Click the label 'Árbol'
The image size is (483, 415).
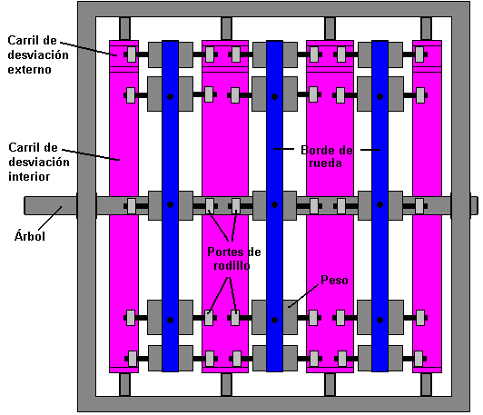point(30,236)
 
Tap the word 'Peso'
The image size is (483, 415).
point(334,280)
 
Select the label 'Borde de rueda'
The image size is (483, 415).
point(327,156)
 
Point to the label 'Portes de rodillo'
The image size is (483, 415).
point(234,259)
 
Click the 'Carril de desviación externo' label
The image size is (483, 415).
point(38,54)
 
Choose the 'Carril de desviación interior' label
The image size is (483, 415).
point(39,162)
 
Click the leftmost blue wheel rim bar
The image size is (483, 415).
point(170,206)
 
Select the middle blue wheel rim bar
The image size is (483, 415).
point(274,206)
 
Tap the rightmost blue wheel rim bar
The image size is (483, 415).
point(379,206)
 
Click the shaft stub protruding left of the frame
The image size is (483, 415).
point(51,205)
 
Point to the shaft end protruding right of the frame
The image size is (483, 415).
point(474,205)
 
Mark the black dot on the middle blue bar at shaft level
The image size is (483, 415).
point(274,205)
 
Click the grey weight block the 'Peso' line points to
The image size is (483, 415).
point(290,317)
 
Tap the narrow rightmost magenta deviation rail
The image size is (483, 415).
point(427,206)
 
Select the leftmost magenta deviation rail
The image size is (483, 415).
point(123,206)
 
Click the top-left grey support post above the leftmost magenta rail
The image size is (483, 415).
point(124,29)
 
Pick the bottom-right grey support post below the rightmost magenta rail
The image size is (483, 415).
point(427,384)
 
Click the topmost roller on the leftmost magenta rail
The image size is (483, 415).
point(132,54)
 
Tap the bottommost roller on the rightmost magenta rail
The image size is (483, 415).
point(419,359)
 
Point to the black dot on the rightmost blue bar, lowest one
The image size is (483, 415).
point(379,321)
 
